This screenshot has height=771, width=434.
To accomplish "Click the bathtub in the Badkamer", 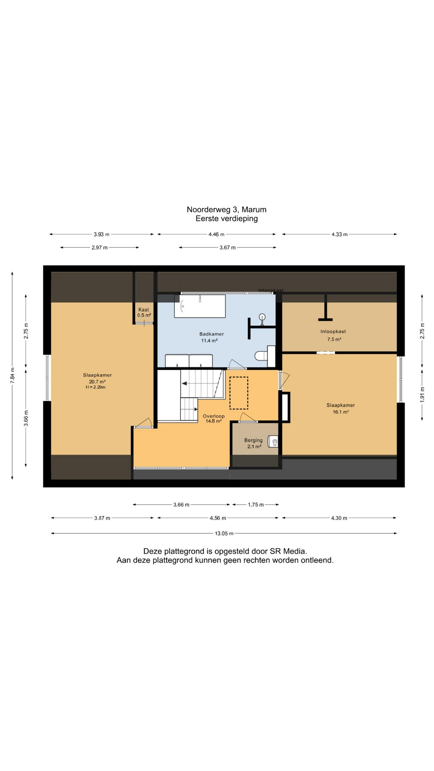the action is pos(200,306).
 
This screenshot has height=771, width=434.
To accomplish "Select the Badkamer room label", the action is pos(211,334).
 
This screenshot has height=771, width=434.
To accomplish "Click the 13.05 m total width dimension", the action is pos(224,534).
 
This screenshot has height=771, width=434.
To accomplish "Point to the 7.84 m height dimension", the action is pos(12,375).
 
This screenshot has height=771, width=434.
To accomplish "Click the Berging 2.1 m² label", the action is pos(254,443).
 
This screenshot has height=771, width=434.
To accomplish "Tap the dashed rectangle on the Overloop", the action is pos(239,393).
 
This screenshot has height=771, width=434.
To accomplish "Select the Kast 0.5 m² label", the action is pos(144,312).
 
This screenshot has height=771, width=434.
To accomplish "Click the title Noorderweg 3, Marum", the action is pos(227,210).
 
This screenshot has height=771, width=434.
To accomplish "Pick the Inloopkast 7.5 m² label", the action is pos(333,335).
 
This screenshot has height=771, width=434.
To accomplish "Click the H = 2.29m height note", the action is pos(96,388).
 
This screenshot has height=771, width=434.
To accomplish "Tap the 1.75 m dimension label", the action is pos(256,505).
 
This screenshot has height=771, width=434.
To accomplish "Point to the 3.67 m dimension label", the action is pos(227,248).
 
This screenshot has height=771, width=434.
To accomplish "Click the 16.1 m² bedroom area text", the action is pos(341,412).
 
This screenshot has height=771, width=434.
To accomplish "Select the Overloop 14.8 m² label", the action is pos(213,418).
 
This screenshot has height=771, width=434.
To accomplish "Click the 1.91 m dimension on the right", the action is pos(422,394).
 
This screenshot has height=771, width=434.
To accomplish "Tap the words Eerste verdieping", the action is pos(227,219).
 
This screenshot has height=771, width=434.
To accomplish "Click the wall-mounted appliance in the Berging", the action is pos(274,442).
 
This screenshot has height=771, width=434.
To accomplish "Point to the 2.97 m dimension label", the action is pos(100,248).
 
